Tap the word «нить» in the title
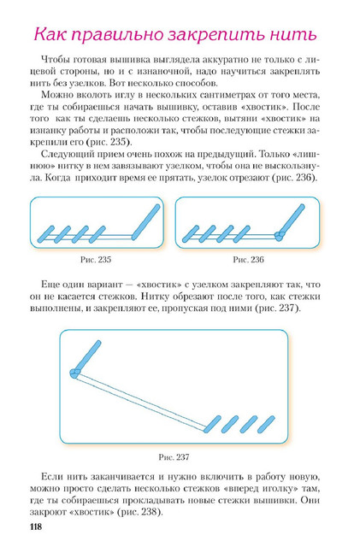tap(293, 34)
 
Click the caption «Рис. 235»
tap(96, 260)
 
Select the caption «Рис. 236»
tap(248, 260)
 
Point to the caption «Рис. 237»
tap(174, 457)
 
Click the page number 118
tap(36, 526)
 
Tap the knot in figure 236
tap(280, 236)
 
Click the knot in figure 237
tap(74, 373)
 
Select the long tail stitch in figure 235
tap(145, 222)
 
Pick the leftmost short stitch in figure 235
tap(45, 234)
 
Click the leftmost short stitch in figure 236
tap(191, 233)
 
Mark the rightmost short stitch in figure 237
tap(266, 424)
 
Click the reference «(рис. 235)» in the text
tap(109, 143)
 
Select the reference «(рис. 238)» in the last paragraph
tap(140, 512)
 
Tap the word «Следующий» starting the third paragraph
tap(67, 154)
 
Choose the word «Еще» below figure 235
tap(50, 285)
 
